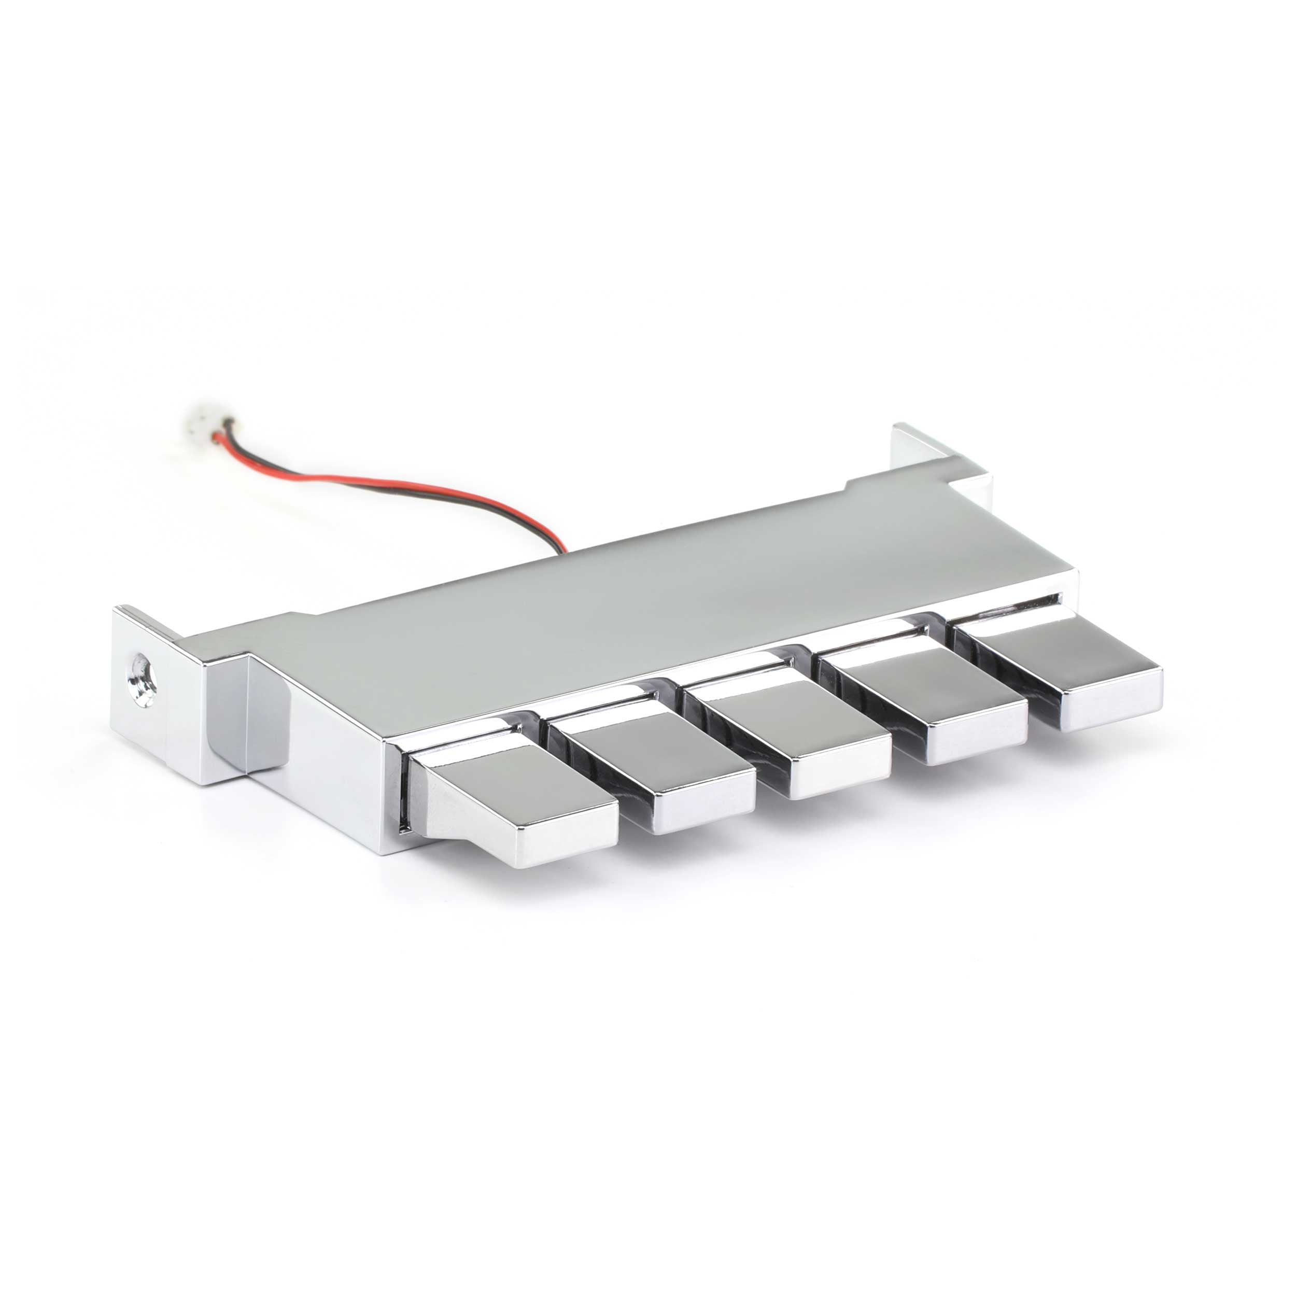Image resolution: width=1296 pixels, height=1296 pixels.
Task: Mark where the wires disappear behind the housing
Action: pos(564,552)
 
